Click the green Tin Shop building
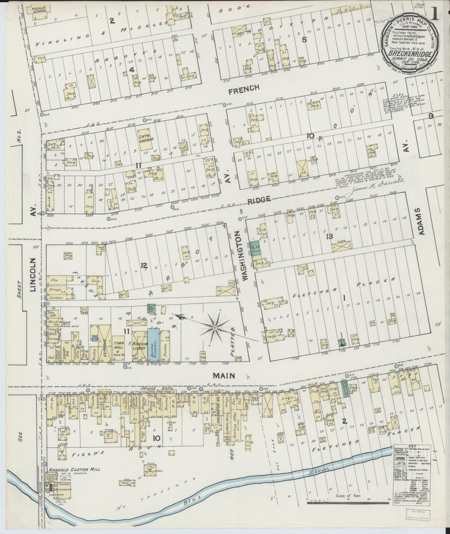151,308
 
